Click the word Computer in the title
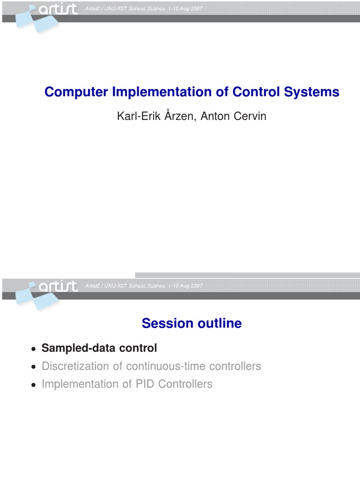pyautogui.click(x=76, y=92)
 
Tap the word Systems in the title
pyautogui.click(x=312, y=92)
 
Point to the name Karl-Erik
pyautogui.click(x=139, y=116)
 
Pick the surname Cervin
pyautogui.click(x=250, y=116)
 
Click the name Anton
pyautogui.click(x=215, y=116)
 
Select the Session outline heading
pyautogui.click(x=192, y=323)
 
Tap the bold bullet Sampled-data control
pyautogui.click(x=99, y=348)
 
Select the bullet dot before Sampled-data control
pyautogui.click(x=34, y=349)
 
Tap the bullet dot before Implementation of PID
pyautogui.click(x=34, y=385)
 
